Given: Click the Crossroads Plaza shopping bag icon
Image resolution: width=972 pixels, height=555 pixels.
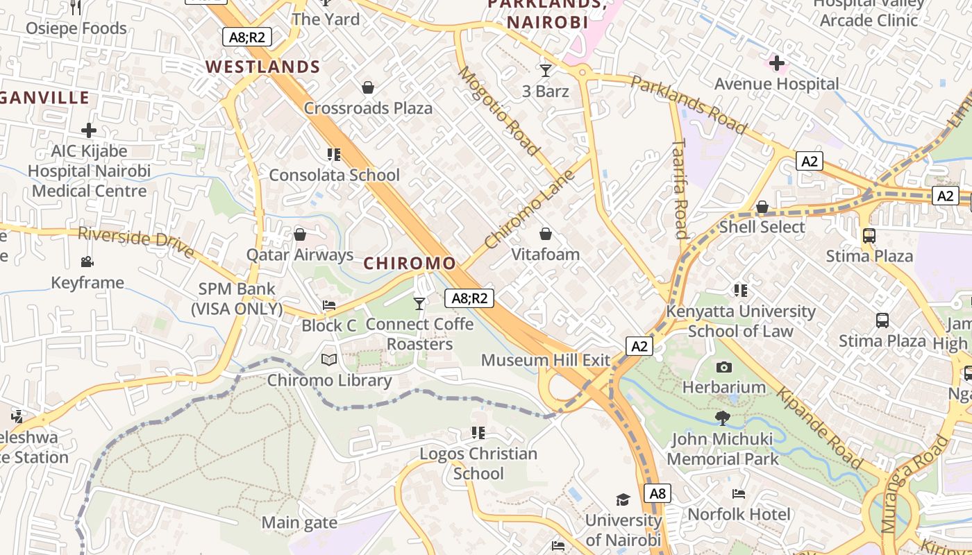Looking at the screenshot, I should [368, 88].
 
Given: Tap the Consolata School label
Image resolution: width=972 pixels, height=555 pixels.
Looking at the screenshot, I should [334, 175].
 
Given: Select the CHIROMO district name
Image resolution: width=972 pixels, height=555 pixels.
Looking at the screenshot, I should [410, 264].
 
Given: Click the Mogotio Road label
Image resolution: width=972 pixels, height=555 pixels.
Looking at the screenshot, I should [498, 111].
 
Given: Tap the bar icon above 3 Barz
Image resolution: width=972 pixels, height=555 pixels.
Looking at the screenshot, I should [546, 70].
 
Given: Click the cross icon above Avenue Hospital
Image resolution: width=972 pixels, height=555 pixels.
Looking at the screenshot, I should [777, 64].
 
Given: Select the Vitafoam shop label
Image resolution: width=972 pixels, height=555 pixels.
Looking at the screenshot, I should [546, 255].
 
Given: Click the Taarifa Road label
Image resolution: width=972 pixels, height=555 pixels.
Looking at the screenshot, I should [680, 187].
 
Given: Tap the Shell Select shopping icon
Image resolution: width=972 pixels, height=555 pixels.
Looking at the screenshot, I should [762, 207].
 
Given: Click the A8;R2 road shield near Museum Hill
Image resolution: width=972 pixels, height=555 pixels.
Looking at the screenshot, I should [469, 298].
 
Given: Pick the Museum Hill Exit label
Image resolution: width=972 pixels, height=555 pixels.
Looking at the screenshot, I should [546, 360].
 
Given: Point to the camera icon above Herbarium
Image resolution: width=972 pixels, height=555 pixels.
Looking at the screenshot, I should [724, 367].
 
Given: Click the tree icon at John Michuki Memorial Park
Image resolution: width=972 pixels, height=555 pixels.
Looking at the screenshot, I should [722, 418].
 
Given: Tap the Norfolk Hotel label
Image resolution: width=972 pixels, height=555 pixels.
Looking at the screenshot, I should [739, 514].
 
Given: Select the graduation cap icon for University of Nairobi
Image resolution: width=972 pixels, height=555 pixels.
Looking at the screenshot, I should [623, 499].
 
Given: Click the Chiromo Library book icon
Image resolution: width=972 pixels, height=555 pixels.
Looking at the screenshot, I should [329, 360].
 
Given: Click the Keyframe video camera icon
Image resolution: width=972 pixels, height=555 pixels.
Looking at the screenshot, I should [87, 262].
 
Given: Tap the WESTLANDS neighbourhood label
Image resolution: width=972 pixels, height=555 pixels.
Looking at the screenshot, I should [262, 67].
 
